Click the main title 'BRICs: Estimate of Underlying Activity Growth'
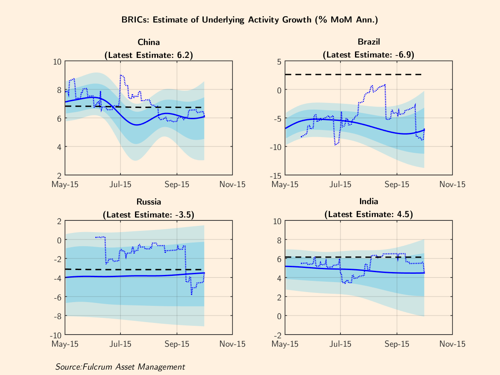click(250, 20)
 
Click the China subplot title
click(149, 42)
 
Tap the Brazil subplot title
click(369, 42)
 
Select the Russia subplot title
click(149, 202)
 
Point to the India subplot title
click(369, 202)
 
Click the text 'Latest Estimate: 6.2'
click(149, 55)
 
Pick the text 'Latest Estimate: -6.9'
click(369, 55)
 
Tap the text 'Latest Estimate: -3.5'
click(149, 215)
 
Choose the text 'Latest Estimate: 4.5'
click(369, 215)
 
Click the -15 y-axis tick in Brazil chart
click(276, 175)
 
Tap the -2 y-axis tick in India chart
click(277, 335)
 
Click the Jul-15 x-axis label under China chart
click(120, 184)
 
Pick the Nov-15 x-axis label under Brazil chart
click(452, 184)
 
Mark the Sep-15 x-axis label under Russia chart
click(177, 344)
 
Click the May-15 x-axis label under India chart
click(285, 344)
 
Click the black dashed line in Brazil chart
click(354, 75)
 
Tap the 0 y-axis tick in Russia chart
click(59, 240)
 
